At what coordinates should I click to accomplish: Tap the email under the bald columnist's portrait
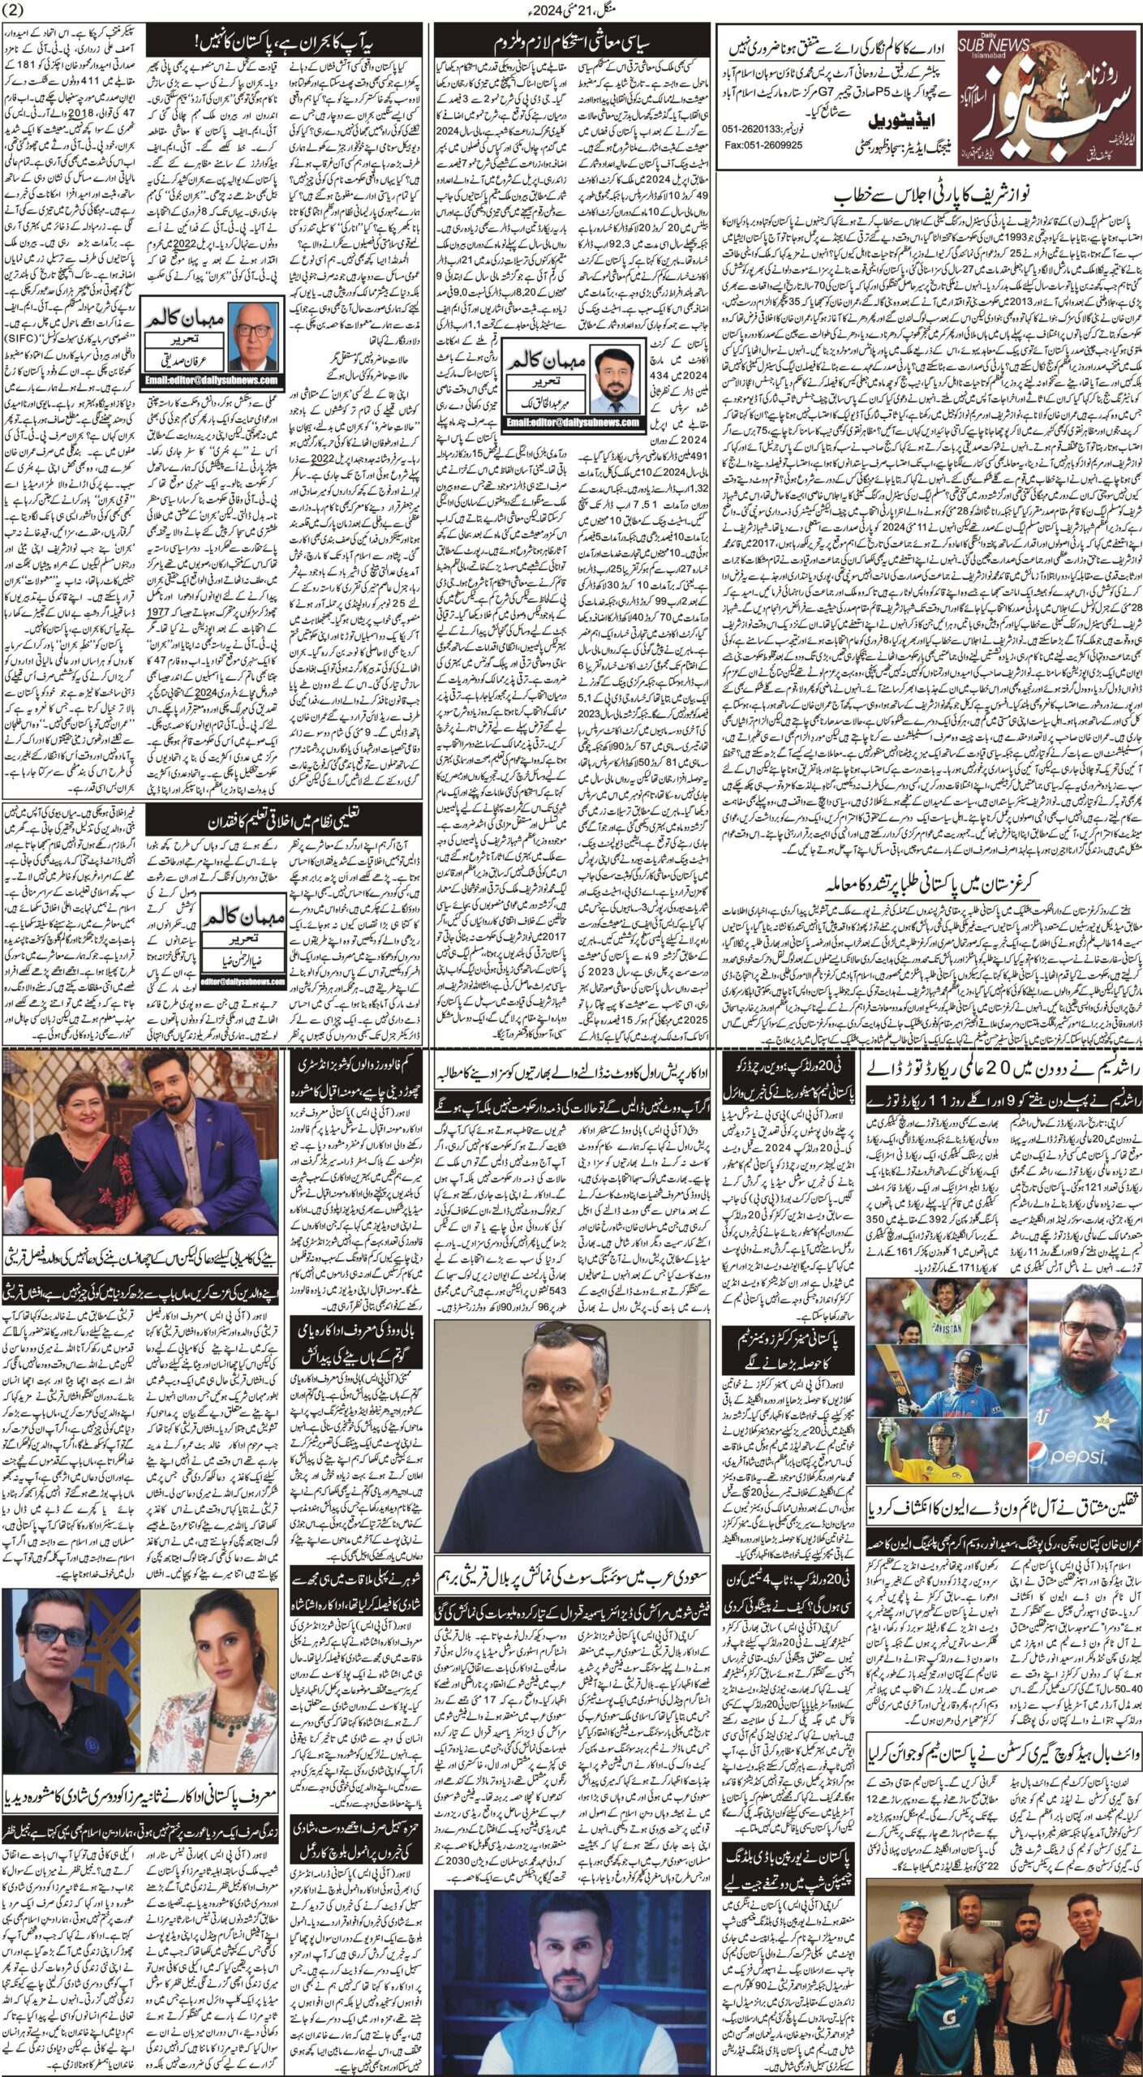pyautogui.click(x=211, y=379)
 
